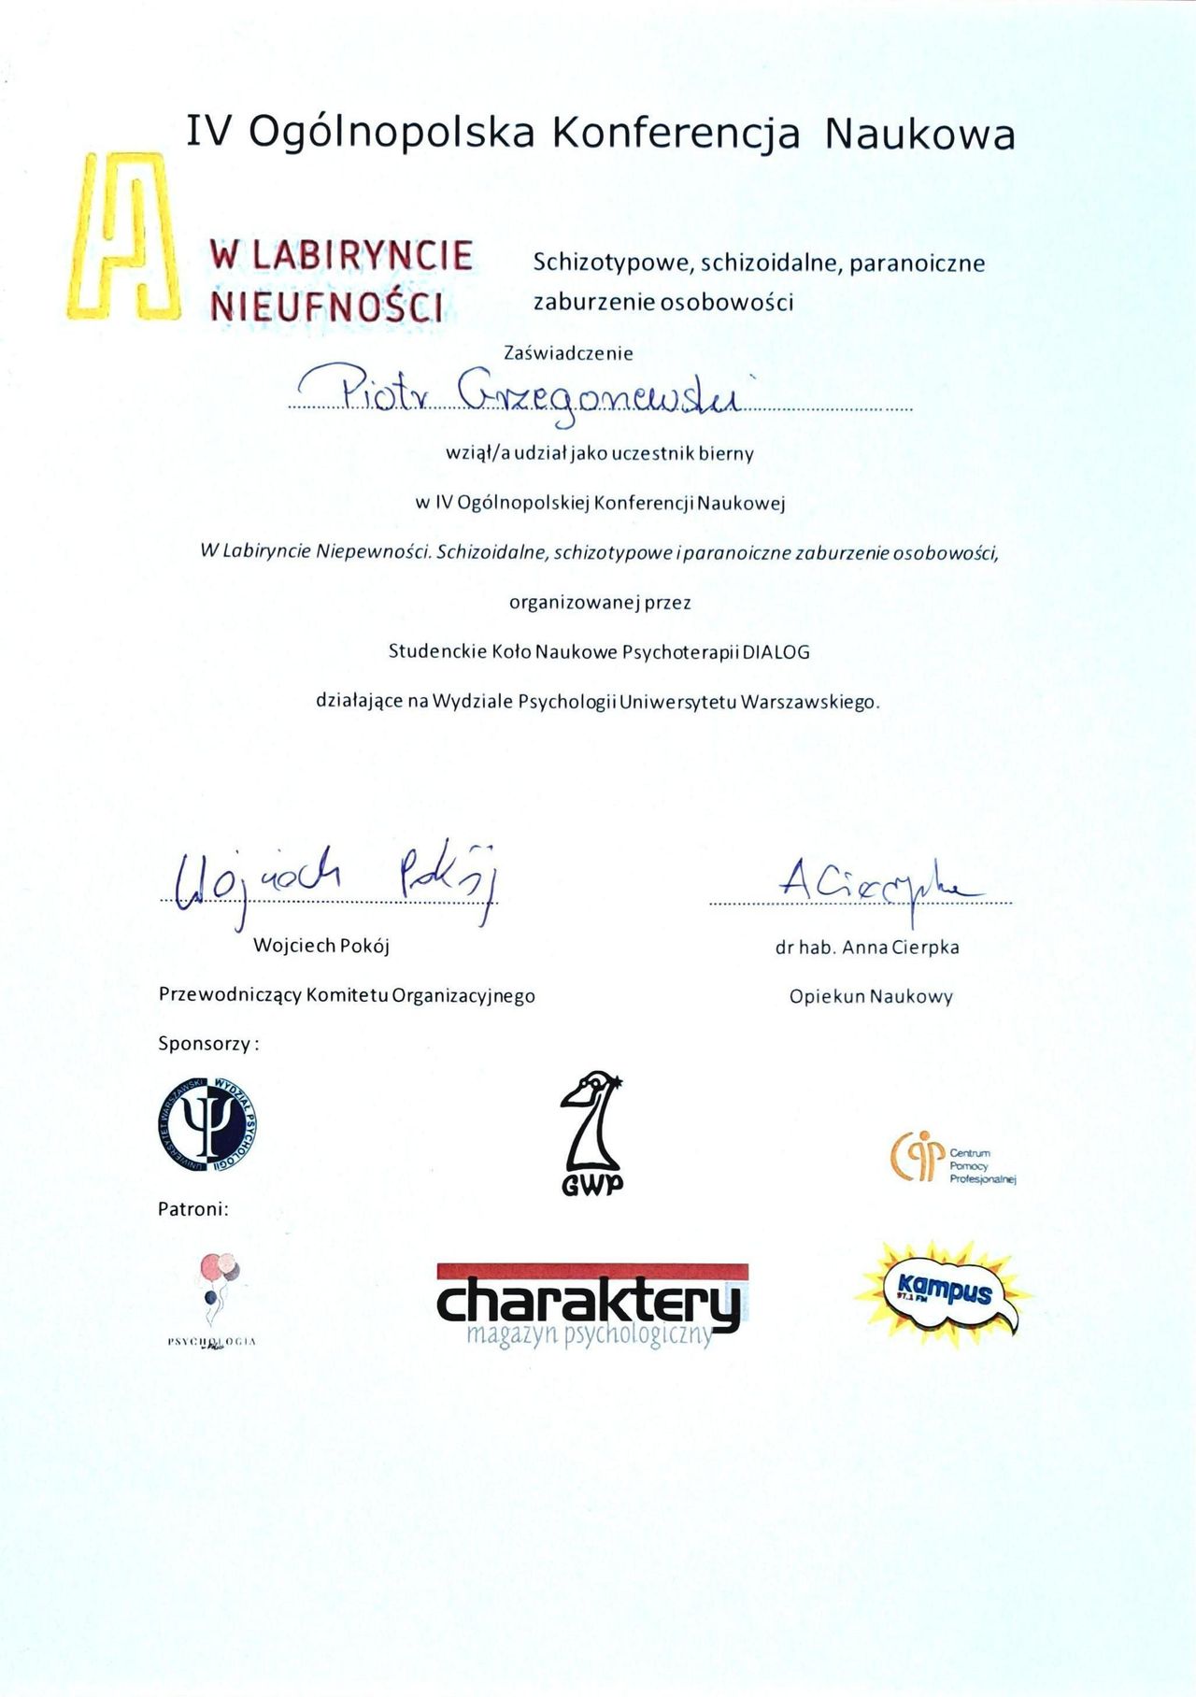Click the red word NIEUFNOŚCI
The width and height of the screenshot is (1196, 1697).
[x=327, y=307]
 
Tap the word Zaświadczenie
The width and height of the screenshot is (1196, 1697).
[x=568, y=354]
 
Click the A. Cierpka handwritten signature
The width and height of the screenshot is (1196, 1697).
[x=874, y=878]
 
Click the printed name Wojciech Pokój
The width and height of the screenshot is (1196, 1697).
[x=321, y=946]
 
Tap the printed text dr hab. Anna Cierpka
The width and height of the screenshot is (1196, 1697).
[x=867, y=948]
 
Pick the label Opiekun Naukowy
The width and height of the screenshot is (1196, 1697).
[x=871, y=997]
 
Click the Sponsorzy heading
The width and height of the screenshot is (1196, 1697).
[x=207, y=1044]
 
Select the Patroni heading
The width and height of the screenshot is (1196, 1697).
[x=192, y=1209]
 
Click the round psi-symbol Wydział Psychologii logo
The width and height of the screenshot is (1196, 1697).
[x=208, y=1126]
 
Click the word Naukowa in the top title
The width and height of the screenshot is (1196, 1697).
[x=919, y=134]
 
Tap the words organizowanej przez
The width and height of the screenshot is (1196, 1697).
[x=600, y=603]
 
